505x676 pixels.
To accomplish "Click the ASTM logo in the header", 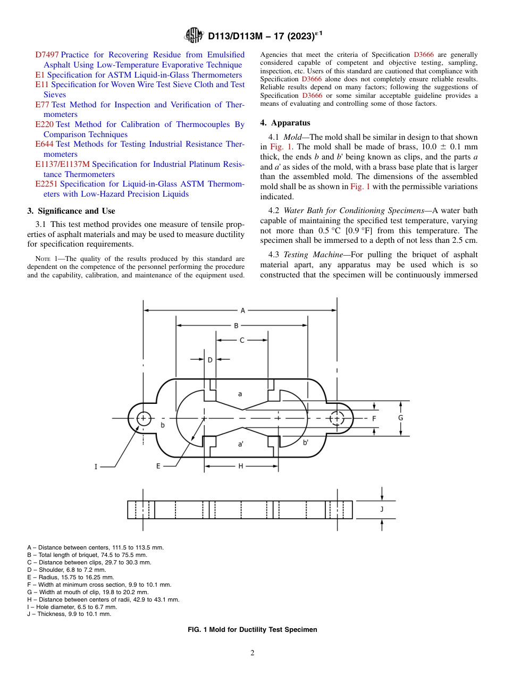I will click(193, 36).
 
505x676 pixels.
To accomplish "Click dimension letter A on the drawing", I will click(243, 310).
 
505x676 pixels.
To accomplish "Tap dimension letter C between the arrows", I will click(242, 340).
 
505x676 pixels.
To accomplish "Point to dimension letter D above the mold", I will click(210, 360).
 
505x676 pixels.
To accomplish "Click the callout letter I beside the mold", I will click(96, 467).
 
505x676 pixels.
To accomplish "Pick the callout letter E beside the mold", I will click(158, 466).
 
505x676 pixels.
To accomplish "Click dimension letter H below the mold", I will click(240, 466).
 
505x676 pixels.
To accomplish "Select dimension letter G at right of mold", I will click(400, 418).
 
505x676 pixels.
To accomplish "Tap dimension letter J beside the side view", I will click(382, 509).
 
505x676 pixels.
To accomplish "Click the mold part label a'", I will click(241, 443).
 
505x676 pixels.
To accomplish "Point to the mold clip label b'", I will click(306, 442).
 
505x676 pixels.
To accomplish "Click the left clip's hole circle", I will click(143, 418).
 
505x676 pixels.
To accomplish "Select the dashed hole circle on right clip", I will click(336, 418).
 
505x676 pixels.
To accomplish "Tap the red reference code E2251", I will click(47, 184).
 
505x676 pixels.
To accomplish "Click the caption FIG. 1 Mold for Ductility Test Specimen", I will click(252, 629).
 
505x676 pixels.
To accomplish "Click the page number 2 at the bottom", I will click(252, 653).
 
